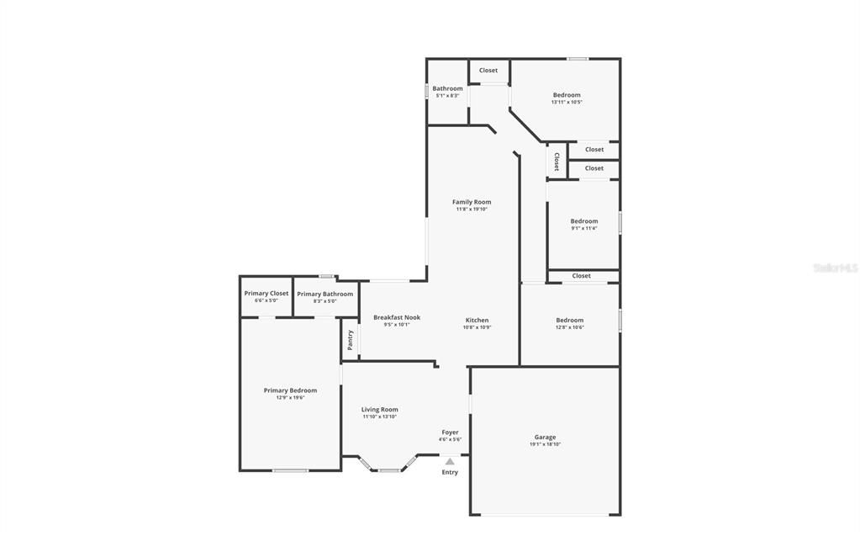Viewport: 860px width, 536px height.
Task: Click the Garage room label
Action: (545, 437)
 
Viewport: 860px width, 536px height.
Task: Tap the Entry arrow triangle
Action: (450, 461)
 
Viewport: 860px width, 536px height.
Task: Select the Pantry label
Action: (350, 340)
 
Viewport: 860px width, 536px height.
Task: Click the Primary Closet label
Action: (266, 294)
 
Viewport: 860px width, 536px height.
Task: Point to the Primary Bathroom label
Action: (324, 294)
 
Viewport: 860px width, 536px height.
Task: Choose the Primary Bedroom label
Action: (290, 390)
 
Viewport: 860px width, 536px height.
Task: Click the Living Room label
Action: (380, 409)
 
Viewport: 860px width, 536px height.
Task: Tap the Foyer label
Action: (450, 432)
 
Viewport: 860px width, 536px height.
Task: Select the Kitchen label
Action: (477, 320)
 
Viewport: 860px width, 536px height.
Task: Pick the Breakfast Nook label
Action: (397, 317)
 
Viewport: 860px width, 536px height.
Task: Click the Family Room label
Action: (472, 202)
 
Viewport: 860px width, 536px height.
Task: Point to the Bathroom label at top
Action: (447, 88)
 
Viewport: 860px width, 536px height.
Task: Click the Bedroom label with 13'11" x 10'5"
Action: (567, 95)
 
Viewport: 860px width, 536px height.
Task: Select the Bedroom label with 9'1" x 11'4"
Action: (584, 221)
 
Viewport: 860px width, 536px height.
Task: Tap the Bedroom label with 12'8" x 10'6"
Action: (569, 320)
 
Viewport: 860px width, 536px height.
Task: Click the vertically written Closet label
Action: (556, 162)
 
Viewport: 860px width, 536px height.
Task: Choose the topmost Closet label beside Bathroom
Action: (488, 71)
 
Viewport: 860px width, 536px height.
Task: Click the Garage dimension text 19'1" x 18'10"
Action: (545, 444)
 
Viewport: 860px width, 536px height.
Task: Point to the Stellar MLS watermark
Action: (835, 268)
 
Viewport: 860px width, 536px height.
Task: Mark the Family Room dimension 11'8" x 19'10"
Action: (472, 210)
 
